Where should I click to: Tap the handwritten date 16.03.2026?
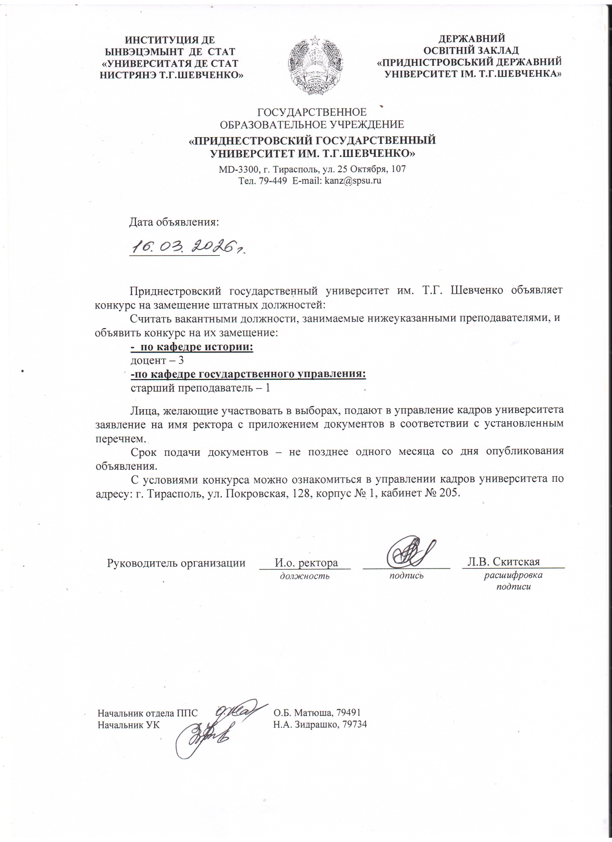click(x=187, y=247)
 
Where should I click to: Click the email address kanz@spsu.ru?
click(x=353, y=181)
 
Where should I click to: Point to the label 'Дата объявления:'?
click(x=174, y=223)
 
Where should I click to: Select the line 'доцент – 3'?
click(x=157, y=360)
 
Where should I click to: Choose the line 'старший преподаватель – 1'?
click(x=201, y=388)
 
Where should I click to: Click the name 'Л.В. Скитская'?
click(x=504, y=562)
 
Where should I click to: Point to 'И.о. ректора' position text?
click(x=306, y=562)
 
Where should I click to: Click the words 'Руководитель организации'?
click(x=176, y=562)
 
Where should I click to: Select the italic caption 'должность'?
click(x=305, y=576)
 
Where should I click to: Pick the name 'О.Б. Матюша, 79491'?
click(x=317, y=712)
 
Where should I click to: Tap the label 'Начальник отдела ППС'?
click(x=148, y=712)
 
